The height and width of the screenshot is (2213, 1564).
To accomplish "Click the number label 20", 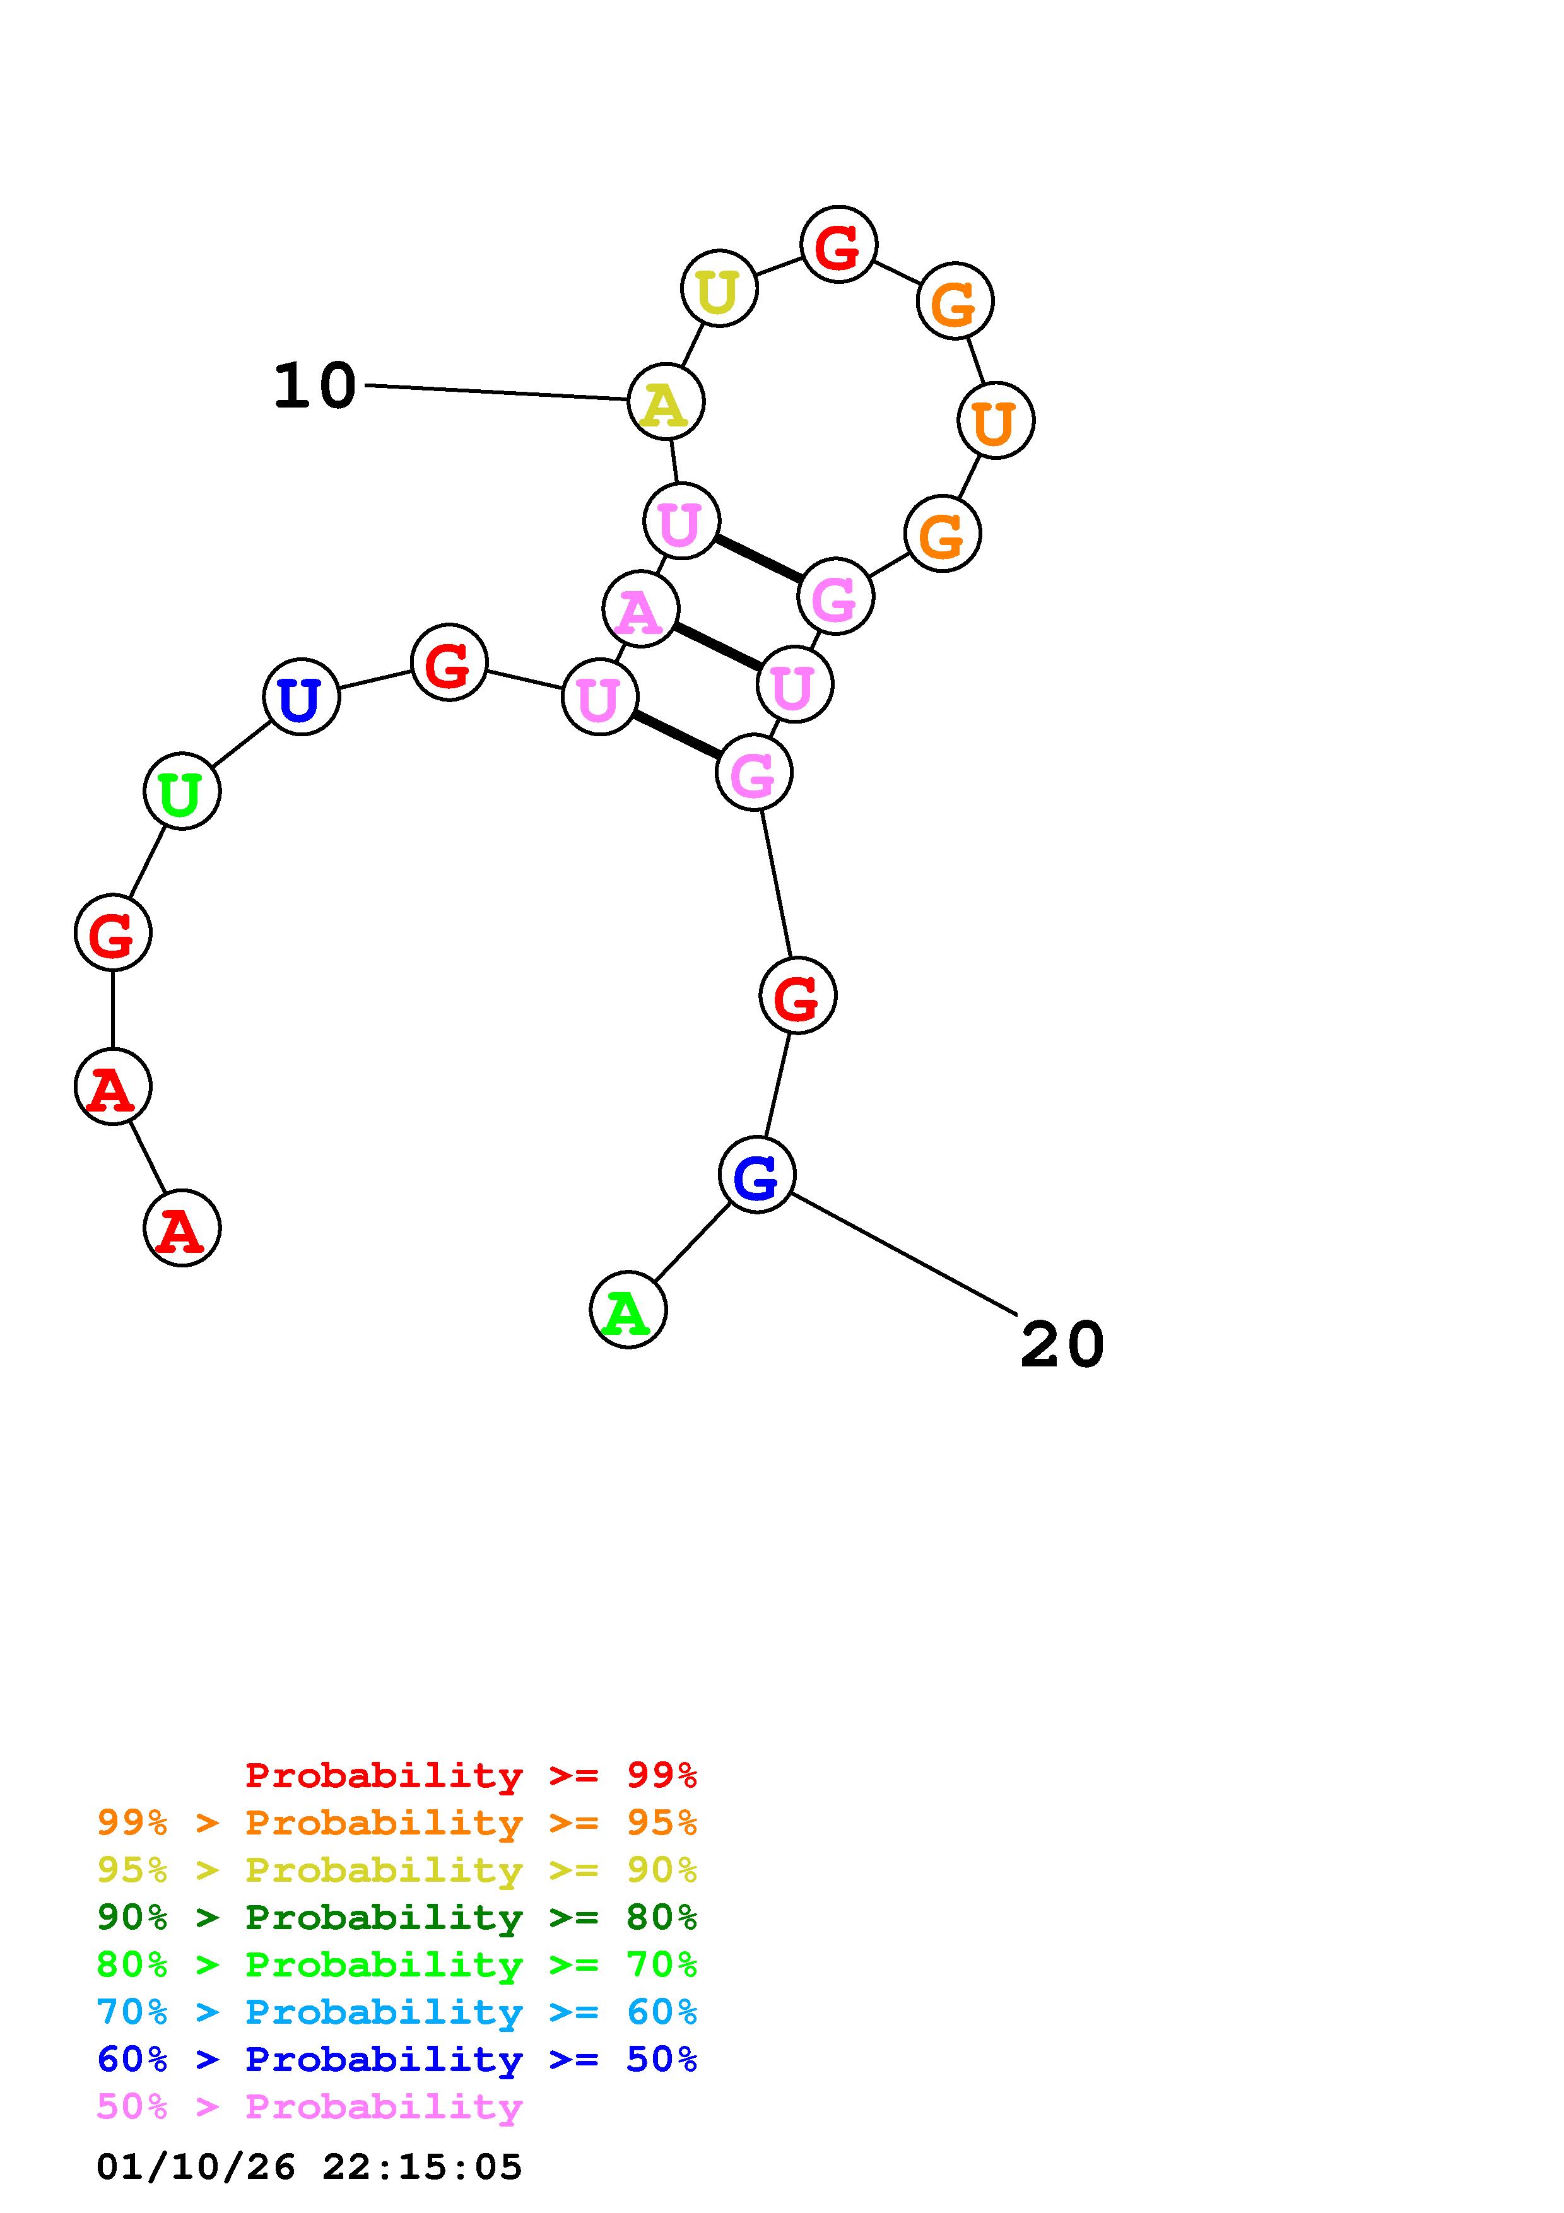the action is click(x=1061, y=1344).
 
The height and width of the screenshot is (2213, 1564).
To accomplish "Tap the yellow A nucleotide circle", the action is click(x=666, y=402).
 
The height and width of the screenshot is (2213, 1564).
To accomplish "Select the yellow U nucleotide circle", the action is click(x=719, y=288).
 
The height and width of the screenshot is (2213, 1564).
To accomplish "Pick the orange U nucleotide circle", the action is click(x=996, y=420).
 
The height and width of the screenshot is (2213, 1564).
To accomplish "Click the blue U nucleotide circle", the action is click(x=301, y=697).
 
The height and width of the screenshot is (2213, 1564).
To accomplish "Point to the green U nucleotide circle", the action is click(x=182, y=791).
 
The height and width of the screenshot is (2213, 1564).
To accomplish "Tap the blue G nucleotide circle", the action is click(x=756, y=1175).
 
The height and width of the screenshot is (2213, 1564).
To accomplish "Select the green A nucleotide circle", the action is click(x=627, y=1310).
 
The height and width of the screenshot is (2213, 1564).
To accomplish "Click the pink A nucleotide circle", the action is click(x=640, y=609).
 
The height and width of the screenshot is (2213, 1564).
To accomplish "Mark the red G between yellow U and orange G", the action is click(x=838, y=245).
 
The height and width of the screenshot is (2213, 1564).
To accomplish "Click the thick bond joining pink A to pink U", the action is click(x=716, y=647).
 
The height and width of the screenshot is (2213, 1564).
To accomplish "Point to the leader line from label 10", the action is click(x=497, y=392).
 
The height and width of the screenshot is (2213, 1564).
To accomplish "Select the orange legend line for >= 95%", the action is click(x=396, y=1823).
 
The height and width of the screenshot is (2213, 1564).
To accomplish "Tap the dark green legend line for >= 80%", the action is click(x=396, y=1917).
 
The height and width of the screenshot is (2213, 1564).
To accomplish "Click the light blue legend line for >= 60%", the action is click(x=396, y=2012).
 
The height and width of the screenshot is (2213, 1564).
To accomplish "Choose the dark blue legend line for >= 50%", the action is click(x=396, y=2059).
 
